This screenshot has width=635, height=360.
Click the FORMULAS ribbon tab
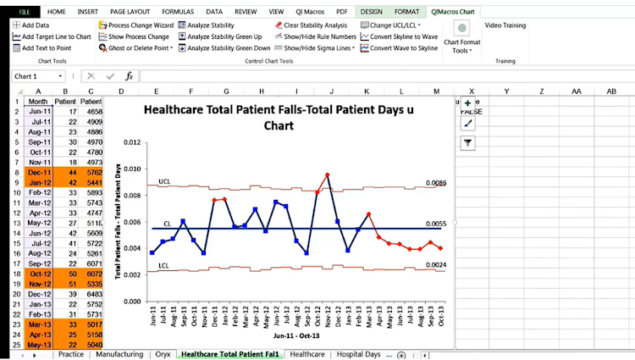[x=177, y=12]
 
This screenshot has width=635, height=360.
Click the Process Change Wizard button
[x=141, y=25]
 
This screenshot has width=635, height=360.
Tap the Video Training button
[x=505, y=25]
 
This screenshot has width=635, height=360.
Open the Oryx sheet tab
[x=163, y=354]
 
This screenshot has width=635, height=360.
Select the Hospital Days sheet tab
[x=358, y=354]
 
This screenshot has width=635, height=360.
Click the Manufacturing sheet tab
[x=119, y=354]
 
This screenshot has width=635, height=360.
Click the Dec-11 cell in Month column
[x=39, y=172]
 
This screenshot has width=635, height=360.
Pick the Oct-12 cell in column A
[x=39, y=274]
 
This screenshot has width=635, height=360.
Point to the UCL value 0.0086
[x=435, y=182]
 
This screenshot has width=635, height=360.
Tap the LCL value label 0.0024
[x=435, y=264]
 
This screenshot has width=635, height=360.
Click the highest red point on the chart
[x=327, y=175]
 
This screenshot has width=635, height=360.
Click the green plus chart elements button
[x=467, y=102]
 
